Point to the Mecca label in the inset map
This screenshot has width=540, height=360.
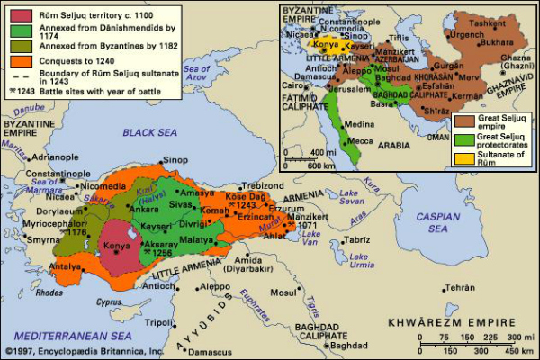(x=360, y=139)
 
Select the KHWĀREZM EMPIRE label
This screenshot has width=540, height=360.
(x=451, y=321)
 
